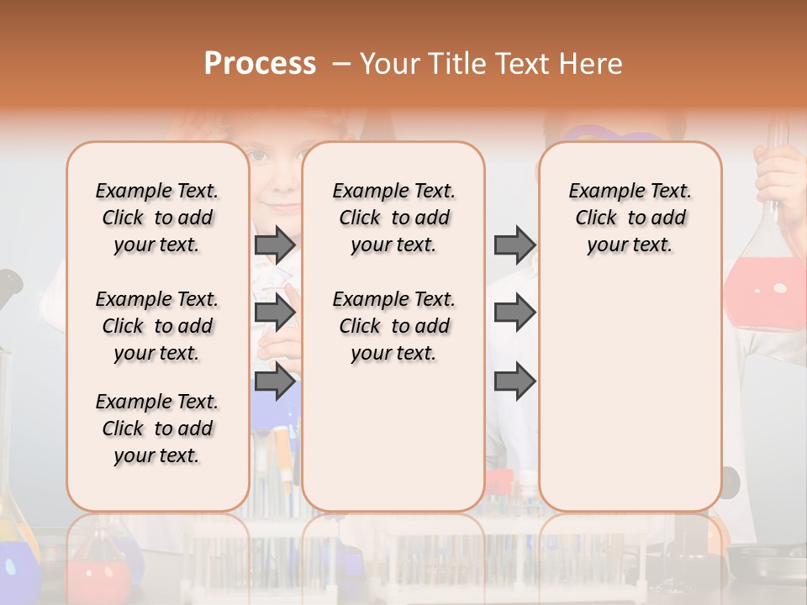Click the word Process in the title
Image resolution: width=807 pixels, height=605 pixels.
(x=260, y=64)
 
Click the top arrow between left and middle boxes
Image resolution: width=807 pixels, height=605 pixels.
(x=274, y=245)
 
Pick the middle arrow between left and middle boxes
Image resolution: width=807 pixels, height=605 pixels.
(x=274, y=313)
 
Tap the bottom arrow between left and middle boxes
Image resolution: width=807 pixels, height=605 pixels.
(x=274, y=381)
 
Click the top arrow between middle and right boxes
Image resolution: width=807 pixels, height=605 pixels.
(x=514, y=245)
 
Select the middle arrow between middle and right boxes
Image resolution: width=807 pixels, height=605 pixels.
(x=514, y=313)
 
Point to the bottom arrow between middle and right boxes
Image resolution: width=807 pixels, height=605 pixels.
(x=514, y=381)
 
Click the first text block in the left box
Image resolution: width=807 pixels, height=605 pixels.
(x=157, y=218)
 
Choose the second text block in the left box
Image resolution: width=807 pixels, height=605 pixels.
(x=157, y=326)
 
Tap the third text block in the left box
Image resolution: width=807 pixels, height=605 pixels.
(x=157, y=429)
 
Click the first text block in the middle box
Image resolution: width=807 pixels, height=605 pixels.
(x=393, y=218)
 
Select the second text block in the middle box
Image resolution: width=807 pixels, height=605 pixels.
(x=393, y=326)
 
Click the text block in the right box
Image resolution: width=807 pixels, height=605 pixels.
(x=630, y=218)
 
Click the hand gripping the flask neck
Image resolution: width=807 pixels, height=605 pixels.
(x=780, y=172)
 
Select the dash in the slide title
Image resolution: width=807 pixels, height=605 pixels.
(x=341, y=64)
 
